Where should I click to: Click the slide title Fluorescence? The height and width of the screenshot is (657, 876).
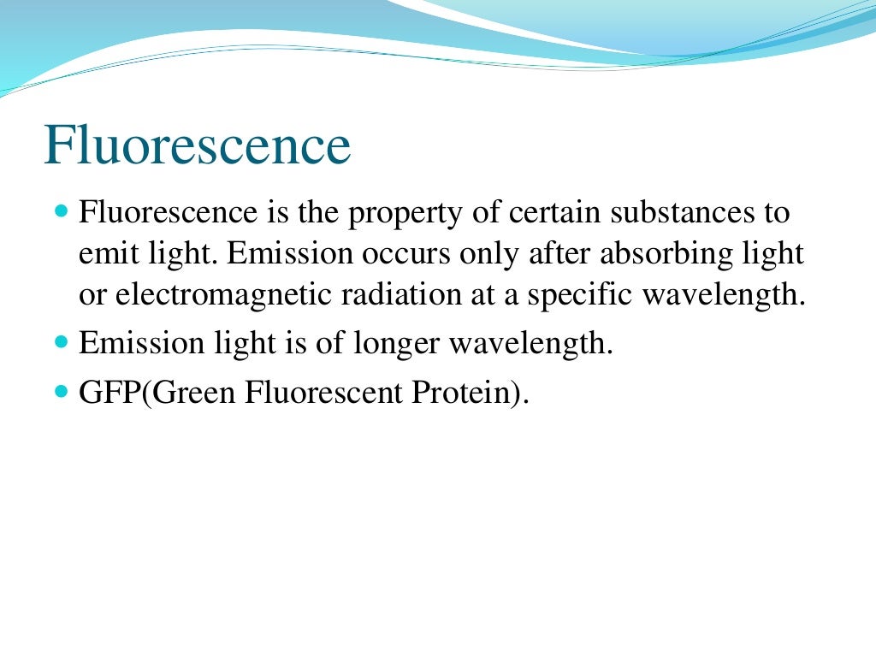click(x=198, y=146)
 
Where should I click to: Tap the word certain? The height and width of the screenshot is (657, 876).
click(x=556, y=214)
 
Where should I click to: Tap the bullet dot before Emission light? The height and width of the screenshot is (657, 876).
click(x=60, y=342)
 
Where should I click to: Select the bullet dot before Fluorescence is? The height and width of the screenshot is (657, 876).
click(x=60, y=210)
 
